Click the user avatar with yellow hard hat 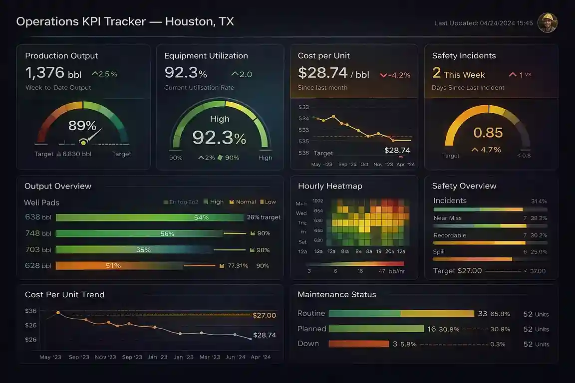(547, 23)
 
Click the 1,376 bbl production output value (53, 73)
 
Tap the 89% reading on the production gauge (82, 125)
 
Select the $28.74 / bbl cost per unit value (333, 73)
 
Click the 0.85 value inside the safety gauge (488, 133)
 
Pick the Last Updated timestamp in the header (483, 23)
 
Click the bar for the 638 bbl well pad (150, 217)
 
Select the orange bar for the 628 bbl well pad (120, 266)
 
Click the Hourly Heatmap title (330, 186)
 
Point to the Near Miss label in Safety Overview (447, 218)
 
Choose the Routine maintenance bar (401, 314)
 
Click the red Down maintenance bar (358, 344)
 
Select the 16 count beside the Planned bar (432, 329)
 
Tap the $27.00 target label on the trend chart (264, 315)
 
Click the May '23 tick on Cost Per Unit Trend (50, 357)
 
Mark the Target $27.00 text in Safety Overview (457, 271)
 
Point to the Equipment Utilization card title (206, 56)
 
